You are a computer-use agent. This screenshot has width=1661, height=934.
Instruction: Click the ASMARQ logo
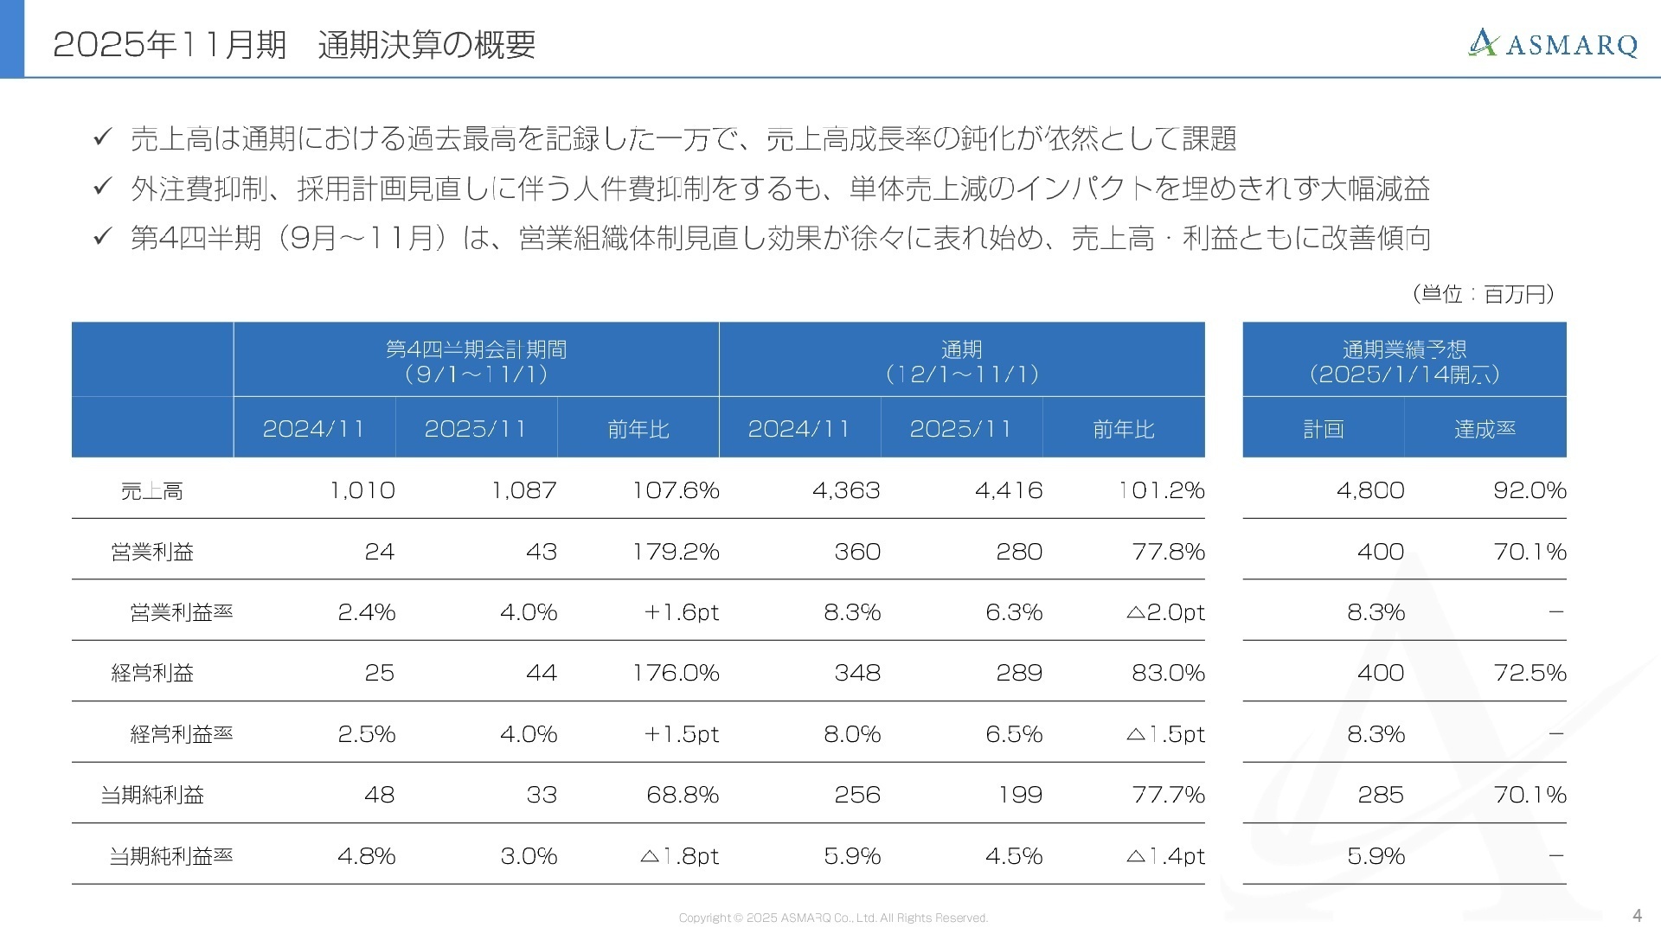pyautogui.click(x=1553, y=43)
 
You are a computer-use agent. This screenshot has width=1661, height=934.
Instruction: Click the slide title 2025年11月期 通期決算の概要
pyautogui.click(x=294, y=44)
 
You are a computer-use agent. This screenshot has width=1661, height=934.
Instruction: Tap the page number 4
pyautogui.click(x=1636, y=916)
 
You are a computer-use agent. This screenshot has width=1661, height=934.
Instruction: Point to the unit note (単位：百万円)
pyautogui.click(x=1483, y=294)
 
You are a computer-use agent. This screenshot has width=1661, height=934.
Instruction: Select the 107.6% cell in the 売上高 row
pyautogui.click(x=676, y=490)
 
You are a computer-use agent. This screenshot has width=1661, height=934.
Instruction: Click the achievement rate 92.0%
pyautogui.click(x=1530, y=490)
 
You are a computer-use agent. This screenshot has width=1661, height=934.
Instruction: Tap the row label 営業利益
pyautogui.click(x=152, y=552)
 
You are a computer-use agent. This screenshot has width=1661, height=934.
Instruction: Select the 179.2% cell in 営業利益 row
pyautogui.click(x=676, y=552)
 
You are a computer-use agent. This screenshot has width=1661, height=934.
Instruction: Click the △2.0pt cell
pyautogui.click(x=1165, y=612)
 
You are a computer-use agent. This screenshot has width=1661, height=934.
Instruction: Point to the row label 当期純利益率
pyautogui.click(x=171, y=856)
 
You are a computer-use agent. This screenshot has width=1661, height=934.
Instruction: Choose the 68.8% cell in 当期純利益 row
pyautogui.click(x=683, y=795)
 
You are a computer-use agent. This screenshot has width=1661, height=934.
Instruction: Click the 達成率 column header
pyautogui.click(x=1485, y=429)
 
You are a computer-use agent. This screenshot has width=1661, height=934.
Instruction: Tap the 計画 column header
pyautogui.click(x=1323, y=429)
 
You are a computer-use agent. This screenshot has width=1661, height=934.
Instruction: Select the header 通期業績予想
pyautogui.click(x=1404, y=349)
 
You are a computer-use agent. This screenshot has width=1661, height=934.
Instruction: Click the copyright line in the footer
pyautogui.click(x=833, y=918)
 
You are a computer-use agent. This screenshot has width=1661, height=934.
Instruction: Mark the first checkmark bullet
pyautogui.click(x=103, y=137)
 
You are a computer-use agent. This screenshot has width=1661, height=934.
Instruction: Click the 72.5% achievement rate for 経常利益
pyautogui.click(x=1530, y=673)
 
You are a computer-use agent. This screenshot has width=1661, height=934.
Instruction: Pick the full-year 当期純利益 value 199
pyautogui.click(x=1020, y=795)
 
